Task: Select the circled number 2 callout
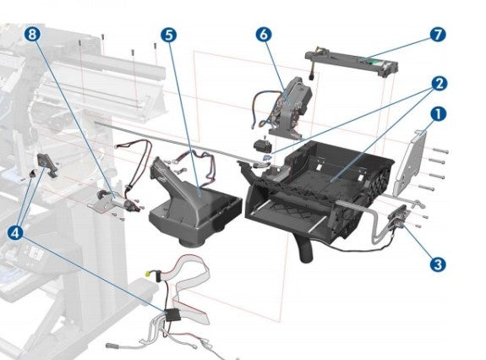click(x=439, y=83)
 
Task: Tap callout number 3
click(x=437, y=264)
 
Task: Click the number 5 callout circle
click(x=169, y=35)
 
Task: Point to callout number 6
click(x=263, y=35)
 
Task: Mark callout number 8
click(x=32, y=35)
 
